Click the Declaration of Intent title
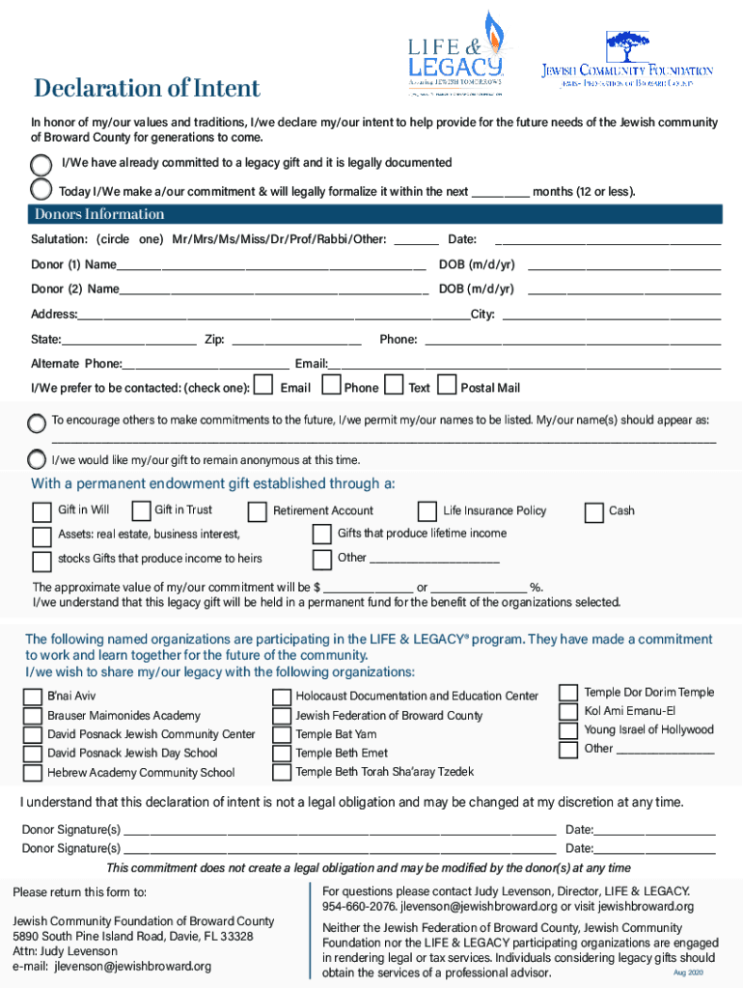click(147, 89)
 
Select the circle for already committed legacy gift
click(42, 163)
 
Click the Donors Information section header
click(99, 214)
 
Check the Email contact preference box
click(261, 386)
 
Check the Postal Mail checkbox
click(447, 386)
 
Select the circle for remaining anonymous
click(38, 459)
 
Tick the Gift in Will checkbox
click(42, 511)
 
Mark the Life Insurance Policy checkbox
click(427, 511)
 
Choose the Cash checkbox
click(593, 511)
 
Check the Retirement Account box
click(258, 512)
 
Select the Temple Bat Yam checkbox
click(281, 735)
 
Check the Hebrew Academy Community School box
click(33, 773)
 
